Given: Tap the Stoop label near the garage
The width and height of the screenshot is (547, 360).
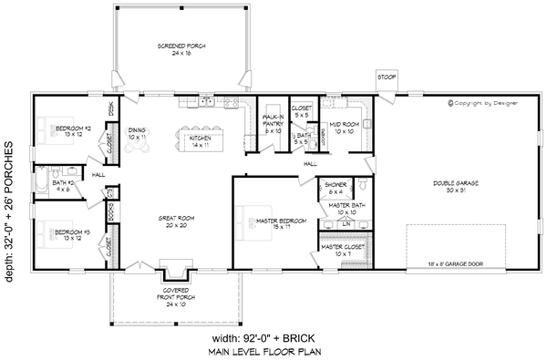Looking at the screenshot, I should coord(386,77).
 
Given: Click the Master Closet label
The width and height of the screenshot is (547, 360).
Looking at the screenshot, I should coord(342,246).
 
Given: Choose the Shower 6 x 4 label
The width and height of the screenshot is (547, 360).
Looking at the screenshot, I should coord(335,189).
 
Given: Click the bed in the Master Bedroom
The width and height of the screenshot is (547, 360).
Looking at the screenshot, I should coord(251,220).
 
